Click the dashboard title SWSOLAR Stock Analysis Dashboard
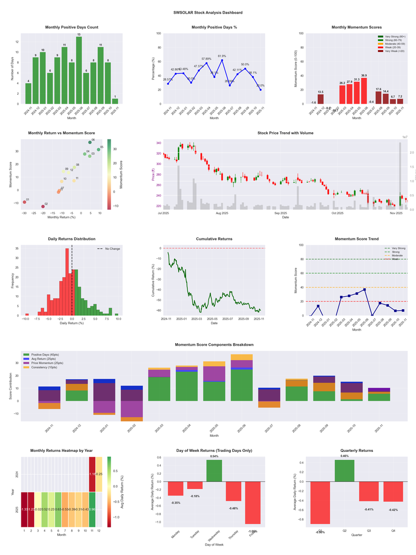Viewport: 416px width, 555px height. (x=208, y=12)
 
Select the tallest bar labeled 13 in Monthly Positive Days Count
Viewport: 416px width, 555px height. (x=79, y=70)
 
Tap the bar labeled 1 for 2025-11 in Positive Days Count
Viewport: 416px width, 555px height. (x=115, y=101)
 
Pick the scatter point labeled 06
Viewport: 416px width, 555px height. (x=90, y=142)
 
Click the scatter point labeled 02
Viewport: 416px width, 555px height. (x=43, y=206)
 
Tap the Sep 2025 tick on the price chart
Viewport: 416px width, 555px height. (x=281, y=213)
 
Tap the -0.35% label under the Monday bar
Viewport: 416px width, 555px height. (x=175, y=502)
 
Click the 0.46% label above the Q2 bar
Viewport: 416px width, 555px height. (x=344, y=456)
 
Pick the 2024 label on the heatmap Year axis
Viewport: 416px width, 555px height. (x=17, y=474)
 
